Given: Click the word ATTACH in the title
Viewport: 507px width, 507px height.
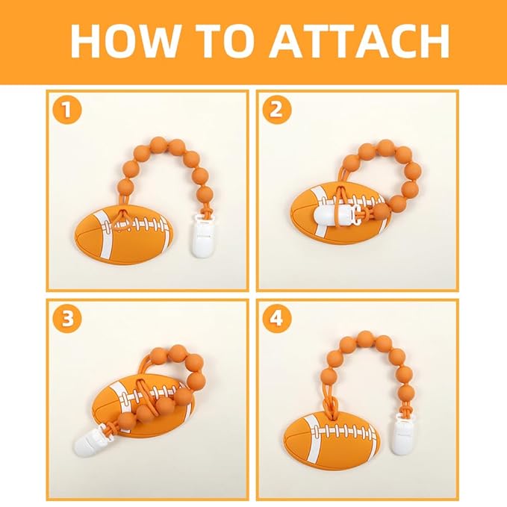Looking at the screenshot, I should [x=359, y=42].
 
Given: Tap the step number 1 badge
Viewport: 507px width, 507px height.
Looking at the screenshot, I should [x=67, y=111].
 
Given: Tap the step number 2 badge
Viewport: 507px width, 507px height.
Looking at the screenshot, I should [x=276, y=111].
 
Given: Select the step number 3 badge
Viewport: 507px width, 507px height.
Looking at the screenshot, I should [x=67, y=320].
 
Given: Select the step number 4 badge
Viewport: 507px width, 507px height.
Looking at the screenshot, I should [x=276, y=320].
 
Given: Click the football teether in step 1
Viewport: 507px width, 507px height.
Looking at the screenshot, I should [x=123, y=236].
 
